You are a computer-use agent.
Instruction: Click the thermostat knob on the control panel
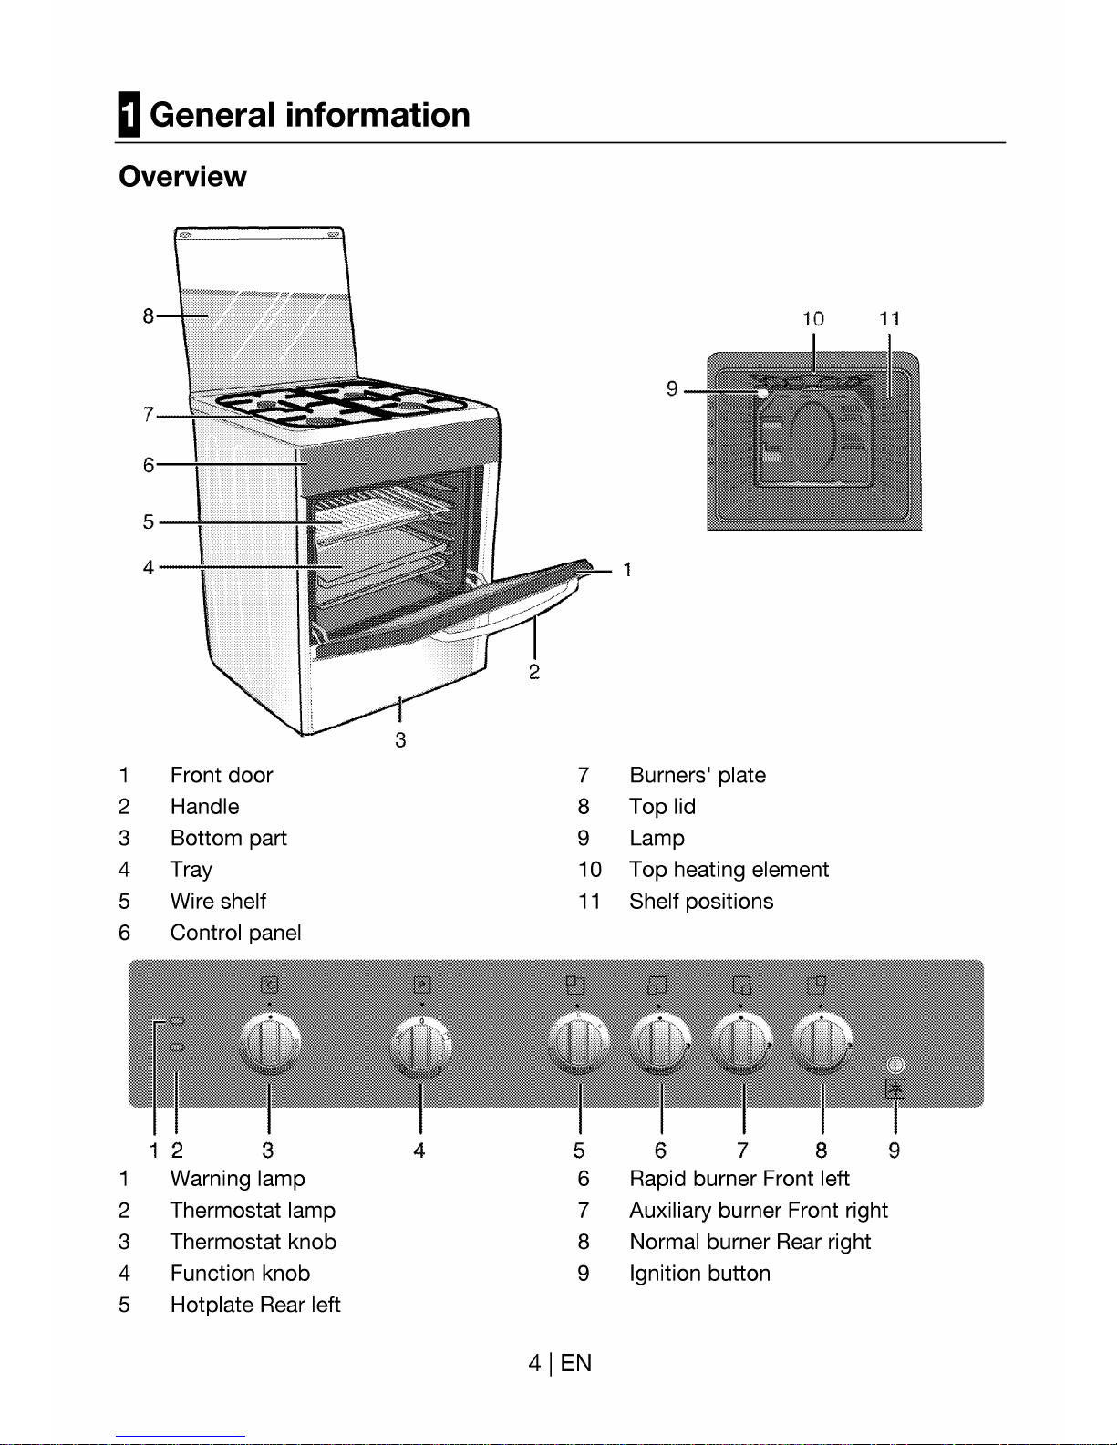pyautogui.click(x=270, y=1043)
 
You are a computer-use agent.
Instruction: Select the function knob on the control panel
pyautogui.click(x=420, y=1045)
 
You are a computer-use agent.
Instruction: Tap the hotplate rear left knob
pyautogui.click(x=579, y=1044)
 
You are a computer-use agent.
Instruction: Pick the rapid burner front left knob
pyautogui.click(x=660, y=1044)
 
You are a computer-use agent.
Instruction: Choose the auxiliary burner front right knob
pyautogui.click(x=742, y=1044)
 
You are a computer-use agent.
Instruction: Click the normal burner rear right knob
pyautogui.click(x=822, y=1044)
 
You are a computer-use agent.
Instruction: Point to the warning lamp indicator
pyautogui.click(x=177, y=1022)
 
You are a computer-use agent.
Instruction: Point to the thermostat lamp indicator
pyautogui.click(x=177, y=1048)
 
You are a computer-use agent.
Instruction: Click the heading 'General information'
pyautogui.click(x=309, y=116)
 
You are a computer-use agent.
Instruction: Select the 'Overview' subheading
pyautogui.click(x=182, y=177)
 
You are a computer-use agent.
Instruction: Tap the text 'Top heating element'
pyautogui.click(x=729, y=870)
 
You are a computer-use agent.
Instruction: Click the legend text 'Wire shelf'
pyautogui.click(x=218, y=902)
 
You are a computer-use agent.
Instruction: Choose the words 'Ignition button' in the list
pyautogui.click(x=699, y=1274)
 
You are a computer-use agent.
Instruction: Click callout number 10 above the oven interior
pyautogui.click(x=812, y=319)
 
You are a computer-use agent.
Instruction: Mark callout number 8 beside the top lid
pyautogui.click(x=148, y=316)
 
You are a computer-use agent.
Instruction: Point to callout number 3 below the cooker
pyautogui.click(x=400, y=740)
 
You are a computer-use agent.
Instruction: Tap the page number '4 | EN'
pyautogui.click(x=559, y=1363)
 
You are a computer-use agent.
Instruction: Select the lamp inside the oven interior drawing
pyautogui.click(x=762, y=393)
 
